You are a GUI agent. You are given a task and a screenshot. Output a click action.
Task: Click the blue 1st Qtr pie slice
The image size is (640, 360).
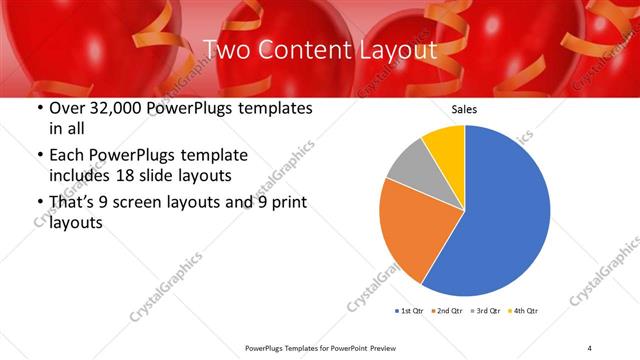pyautogui.click(x=500, y=215)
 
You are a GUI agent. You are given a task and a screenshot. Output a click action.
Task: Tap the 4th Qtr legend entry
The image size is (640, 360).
pyautogui.click(x=523, y=311)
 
